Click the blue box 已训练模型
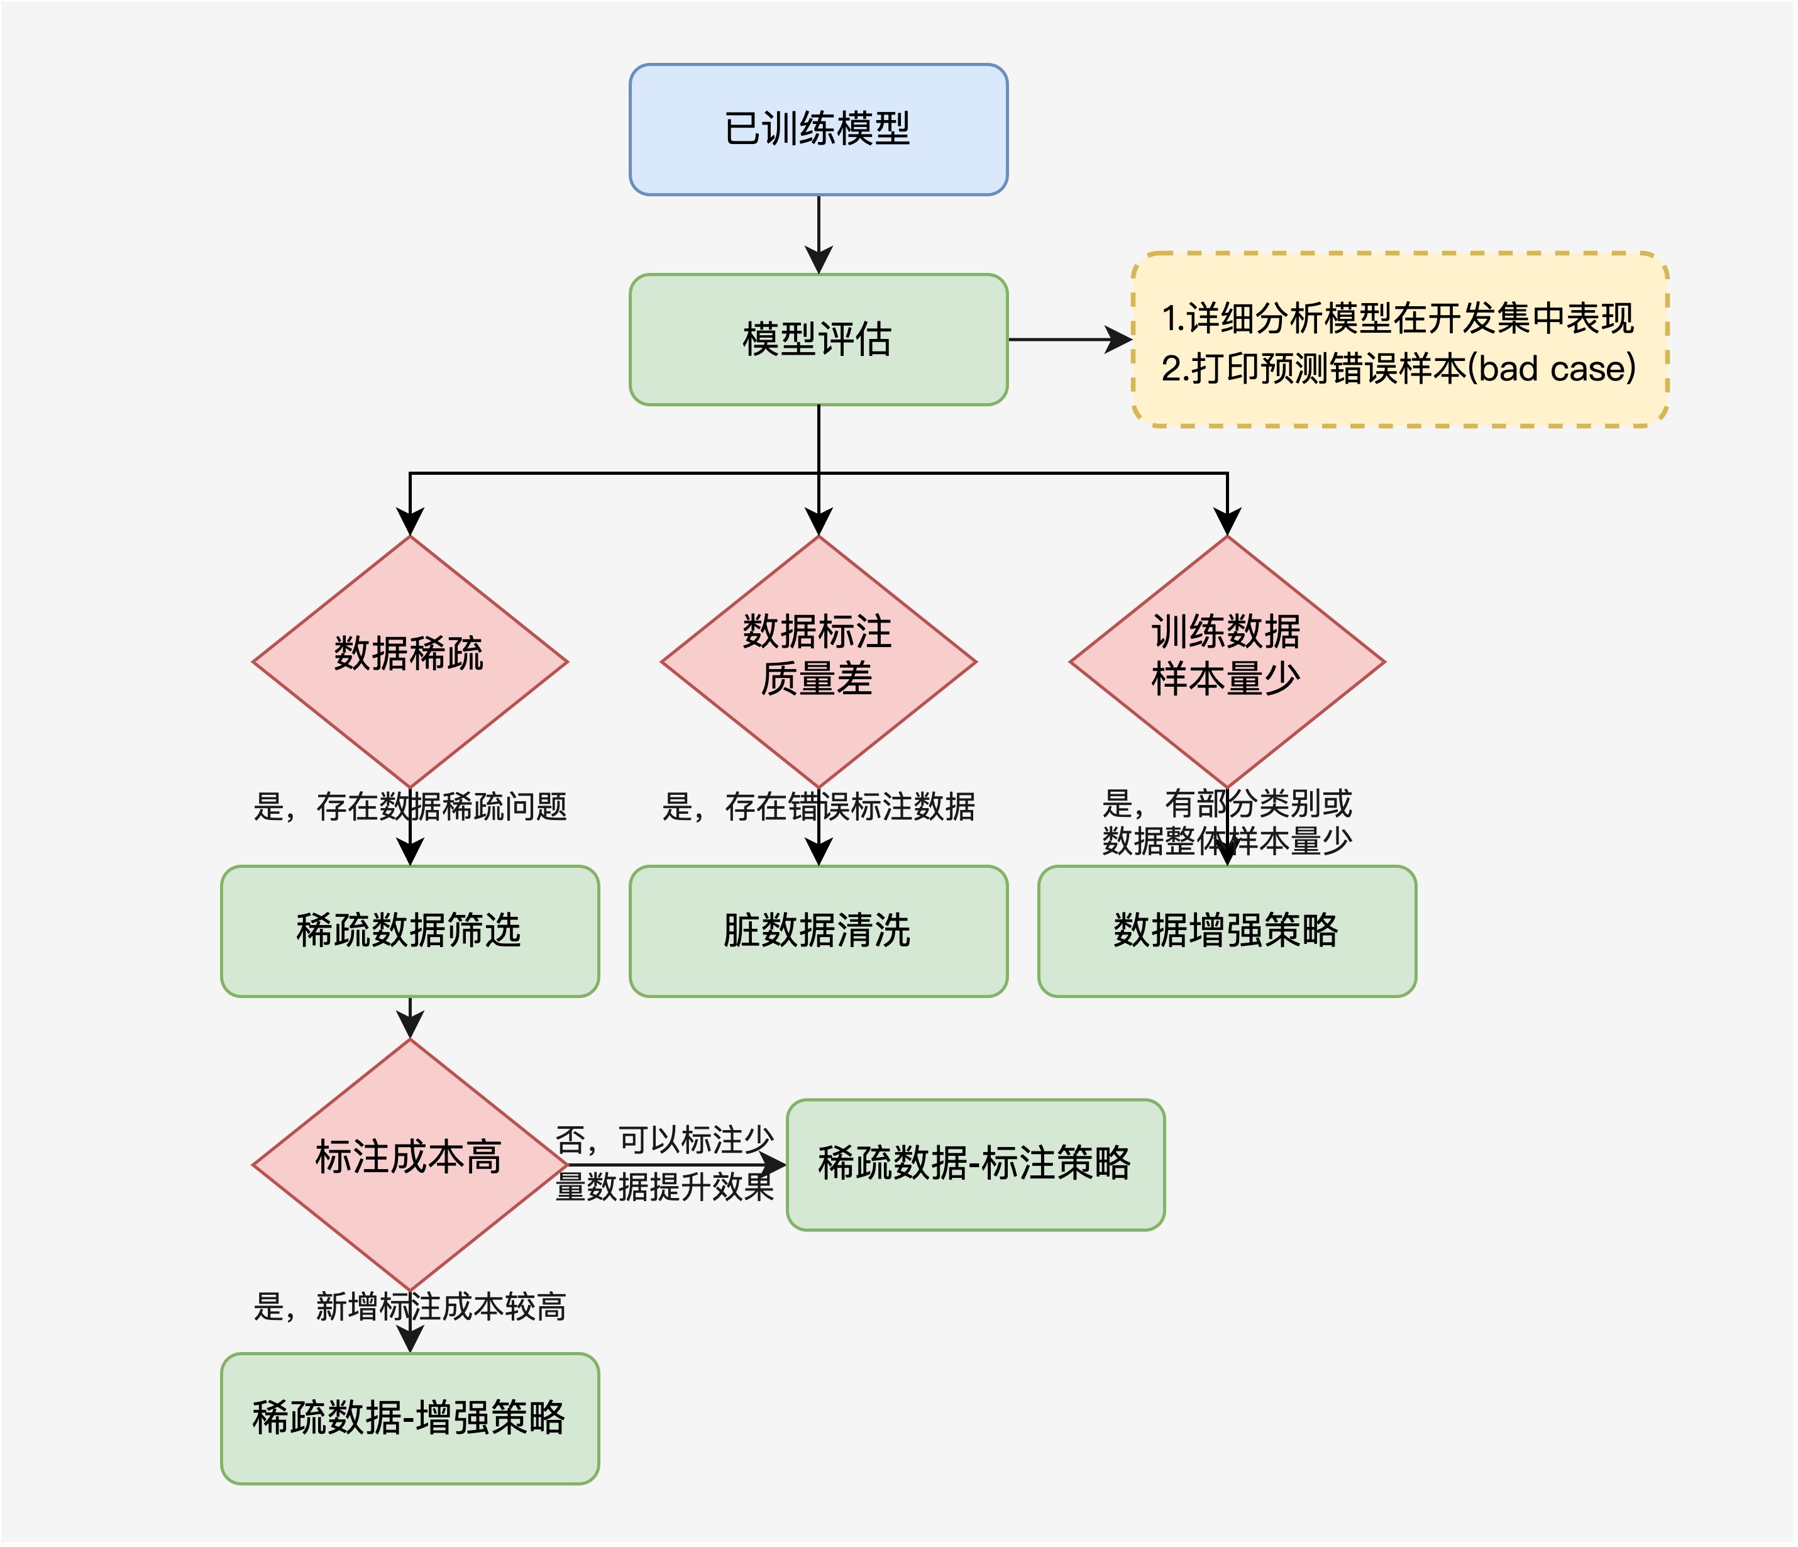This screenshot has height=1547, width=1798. pyautogui.click(x=819, y=130)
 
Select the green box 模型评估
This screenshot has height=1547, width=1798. pyautogui.click(x=819, y=340)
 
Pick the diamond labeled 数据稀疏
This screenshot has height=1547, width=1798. pyautogui.click(x=410, y=662)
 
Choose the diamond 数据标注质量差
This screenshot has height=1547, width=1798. pyautogui.click(x=819, y=662)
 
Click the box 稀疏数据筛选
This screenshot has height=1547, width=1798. pyautogui.click(x=410, y=931)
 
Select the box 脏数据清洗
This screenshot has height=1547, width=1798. pyautogui.click(x=819, y=931)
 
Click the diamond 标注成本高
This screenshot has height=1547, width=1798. pyautogui.click(x=410, y=1165)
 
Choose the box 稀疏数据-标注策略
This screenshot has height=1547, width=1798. pyautogui.click(x=974, y=1165)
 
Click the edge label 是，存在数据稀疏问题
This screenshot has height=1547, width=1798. pyautogui.click(x=410, y=806)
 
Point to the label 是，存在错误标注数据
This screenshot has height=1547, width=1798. pyautogui.click(x=819, y=806)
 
